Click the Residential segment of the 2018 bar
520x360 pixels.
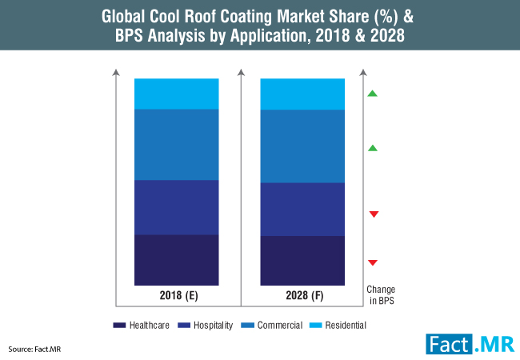(176, 94)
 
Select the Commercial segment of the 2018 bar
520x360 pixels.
(176, 145)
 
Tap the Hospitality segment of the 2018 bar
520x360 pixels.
(176, 207)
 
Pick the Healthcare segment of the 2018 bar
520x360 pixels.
(176, 260)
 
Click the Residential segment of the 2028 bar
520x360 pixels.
(302, 94)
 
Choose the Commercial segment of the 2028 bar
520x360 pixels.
(302, 146)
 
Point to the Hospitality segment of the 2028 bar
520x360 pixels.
(302, 210)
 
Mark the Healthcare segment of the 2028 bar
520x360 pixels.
(302, 261)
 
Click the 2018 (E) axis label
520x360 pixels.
(177, 296)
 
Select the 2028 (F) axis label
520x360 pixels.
(302, 296)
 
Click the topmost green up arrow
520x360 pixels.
(373, 94)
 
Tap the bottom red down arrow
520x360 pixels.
(373, 262)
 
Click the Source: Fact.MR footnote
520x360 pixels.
(32, 350)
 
